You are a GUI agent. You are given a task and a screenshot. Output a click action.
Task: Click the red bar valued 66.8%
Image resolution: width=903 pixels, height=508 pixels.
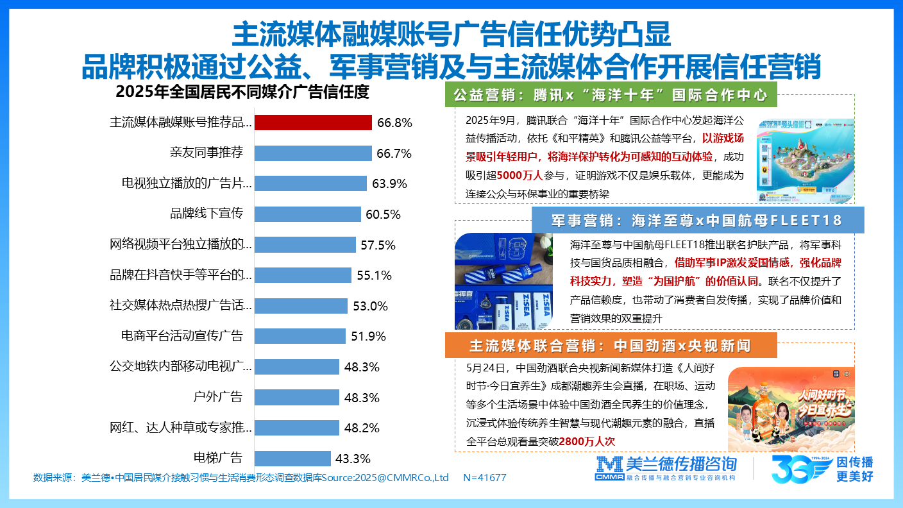tap(313, 123)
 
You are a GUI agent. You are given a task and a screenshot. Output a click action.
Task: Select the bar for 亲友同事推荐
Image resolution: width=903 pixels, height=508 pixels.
tap(313, 153)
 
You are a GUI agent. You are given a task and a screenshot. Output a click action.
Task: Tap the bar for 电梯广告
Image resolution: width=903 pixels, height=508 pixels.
tap(292, 458)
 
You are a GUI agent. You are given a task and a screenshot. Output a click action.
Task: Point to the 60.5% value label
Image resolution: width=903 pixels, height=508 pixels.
tap(383, 214)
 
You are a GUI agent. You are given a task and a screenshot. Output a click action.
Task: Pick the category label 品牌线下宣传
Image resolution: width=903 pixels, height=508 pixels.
tap(207, 214)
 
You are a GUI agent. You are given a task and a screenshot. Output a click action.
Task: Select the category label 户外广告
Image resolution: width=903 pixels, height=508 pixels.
tap(218, 397)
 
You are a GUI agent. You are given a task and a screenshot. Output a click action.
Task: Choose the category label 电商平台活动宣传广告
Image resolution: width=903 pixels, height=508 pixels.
tap(182, 335)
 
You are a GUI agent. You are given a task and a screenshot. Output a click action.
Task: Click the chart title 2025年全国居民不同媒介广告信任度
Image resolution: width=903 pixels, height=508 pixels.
tap(242, 92)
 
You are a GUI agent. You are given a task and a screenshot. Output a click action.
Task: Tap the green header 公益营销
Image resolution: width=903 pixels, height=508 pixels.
tap(611, 95)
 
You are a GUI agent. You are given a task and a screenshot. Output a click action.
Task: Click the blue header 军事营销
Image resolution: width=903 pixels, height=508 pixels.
tap(698, 221)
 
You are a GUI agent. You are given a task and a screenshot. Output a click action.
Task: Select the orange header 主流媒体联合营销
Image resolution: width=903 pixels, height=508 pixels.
tap(610, 346)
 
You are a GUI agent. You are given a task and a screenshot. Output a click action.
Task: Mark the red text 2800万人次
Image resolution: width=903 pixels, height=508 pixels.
tap(587, 441)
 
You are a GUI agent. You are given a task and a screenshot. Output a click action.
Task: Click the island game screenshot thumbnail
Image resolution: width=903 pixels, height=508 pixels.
tap(806, 160)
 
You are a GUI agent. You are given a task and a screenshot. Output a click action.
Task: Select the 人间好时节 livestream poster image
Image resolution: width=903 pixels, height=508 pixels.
tap(791, 409)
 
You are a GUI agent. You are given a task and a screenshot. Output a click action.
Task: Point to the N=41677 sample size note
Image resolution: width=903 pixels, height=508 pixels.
tap(484, 477)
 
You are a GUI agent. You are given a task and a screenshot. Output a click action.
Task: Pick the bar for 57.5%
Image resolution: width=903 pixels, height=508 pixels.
tap(305, 244)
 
